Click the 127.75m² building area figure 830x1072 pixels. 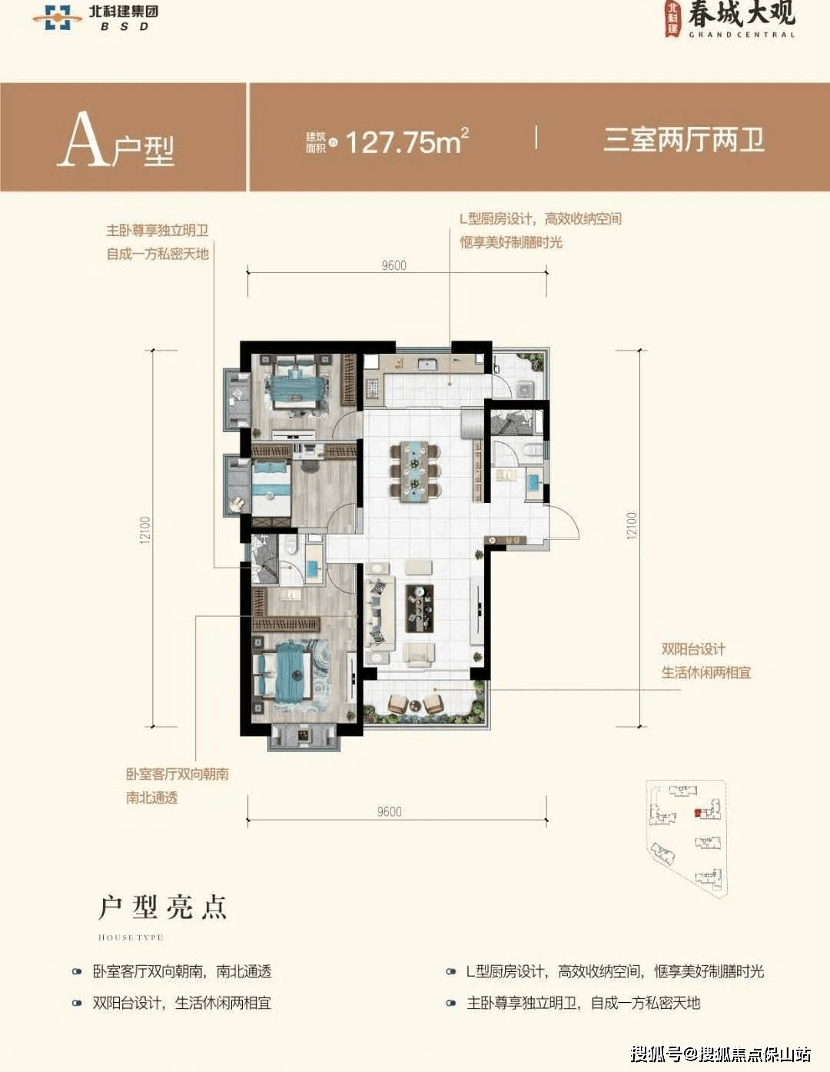[406, 141]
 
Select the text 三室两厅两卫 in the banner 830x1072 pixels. [683, 140]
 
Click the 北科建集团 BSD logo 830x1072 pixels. [96, 17]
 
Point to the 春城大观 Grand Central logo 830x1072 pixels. [731, 19]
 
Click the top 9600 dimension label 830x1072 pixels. [393, 265]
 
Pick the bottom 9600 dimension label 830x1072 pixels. [389, 811]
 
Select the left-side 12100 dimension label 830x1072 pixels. [145, 530]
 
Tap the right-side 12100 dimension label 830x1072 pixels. [632, 525]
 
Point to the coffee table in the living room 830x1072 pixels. [419, 608]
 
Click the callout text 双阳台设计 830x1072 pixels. [693, 649]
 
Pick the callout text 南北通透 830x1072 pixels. [152, 797]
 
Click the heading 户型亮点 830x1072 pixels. [163, 907]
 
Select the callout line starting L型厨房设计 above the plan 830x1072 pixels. [540, 219]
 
